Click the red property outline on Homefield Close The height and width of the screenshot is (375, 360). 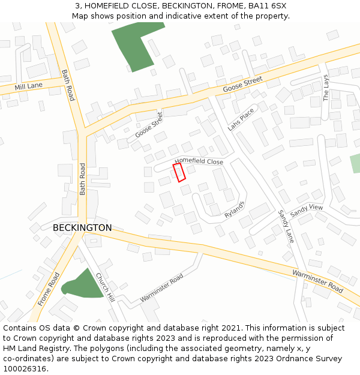(179, 172)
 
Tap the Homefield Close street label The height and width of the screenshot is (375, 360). (199, 161)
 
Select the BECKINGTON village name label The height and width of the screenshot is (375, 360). (82, 228)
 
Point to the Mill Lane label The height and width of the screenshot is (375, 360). (29, 86)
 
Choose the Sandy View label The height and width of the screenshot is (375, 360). (307, 211)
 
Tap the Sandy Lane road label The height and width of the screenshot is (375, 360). (285, 226)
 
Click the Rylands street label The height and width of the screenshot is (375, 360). (235, 209)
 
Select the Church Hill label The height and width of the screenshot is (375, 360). (104, 286)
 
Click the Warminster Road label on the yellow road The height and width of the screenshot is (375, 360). (317, 281)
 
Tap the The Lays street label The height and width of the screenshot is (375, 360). (326, 88)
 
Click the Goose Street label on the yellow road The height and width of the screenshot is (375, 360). (243, 84)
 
